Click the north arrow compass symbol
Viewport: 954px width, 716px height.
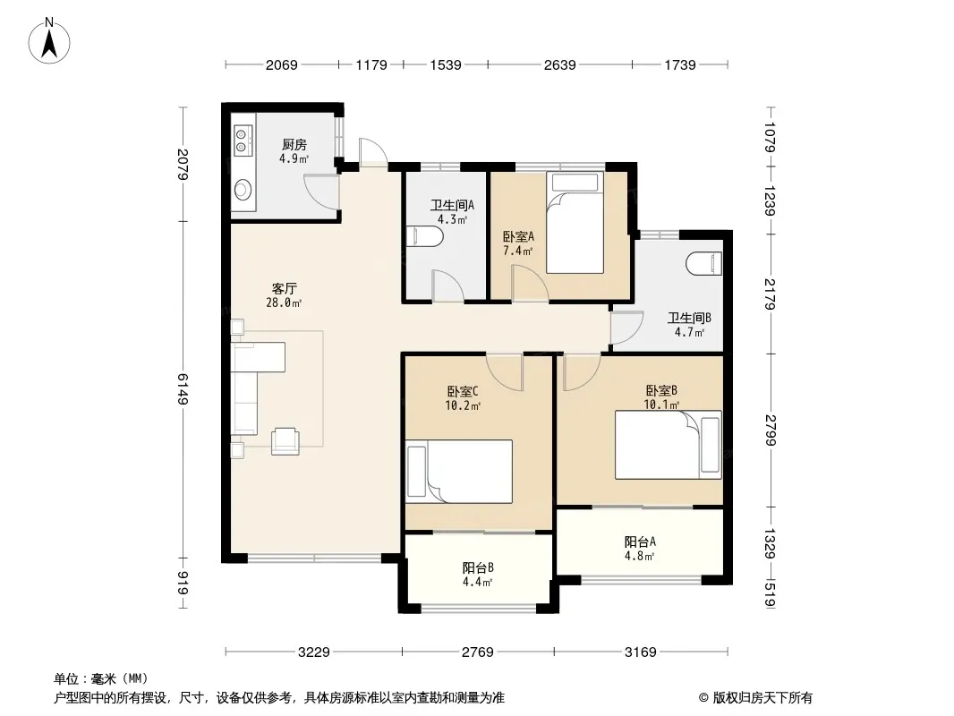(49, 40)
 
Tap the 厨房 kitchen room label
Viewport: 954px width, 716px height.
(294, 145)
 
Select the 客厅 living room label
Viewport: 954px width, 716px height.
(284, 288)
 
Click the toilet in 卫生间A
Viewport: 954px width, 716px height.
(424, 236)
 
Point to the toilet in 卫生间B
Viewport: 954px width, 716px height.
(704, 264)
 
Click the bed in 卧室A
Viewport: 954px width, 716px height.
(575, 223)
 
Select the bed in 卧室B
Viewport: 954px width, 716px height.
(668, 445)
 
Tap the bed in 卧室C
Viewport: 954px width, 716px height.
(459, 472)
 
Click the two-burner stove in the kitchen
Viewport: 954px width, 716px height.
(243, 141)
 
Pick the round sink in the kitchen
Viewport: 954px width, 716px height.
(243, 189)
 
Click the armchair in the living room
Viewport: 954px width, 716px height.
(285, 441)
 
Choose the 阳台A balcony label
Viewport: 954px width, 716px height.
(640, 541)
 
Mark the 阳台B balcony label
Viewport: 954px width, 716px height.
(478, 567)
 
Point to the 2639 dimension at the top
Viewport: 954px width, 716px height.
(559, 64)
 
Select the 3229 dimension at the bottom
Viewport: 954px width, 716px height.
(314, 652)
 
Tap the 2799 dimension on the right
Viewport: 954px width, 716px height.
(771, 430)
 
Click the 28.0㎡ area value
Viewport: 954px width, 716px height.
(284, 303)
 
